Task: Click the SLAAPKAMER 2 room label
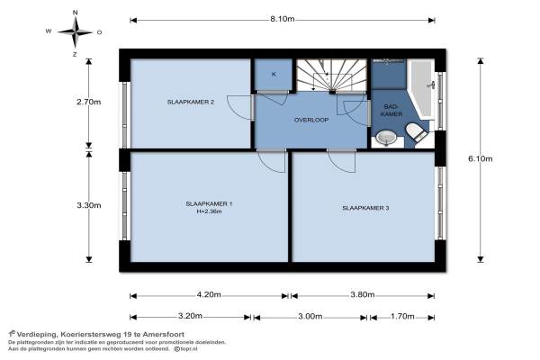[191, 102]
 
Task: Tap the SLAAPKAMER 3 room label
[365, 208]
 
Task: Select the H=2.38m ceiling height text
[209, 211]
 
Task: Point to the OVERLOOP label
[311, 120]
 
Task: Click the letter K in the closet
[274, 75]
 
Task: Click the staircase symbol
[331, 75]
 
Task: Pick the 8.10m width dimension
[282, 19]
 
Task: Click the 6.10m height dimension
[480, 158]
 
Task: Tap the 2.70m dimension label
[89, 102]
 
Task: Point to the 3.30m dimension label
[89, 205]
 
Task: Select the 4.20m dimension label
[209, 294]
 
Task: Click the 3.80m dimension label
[363, 294]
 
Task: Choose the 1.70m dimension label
[402, 316]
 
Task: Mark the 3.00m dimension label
[310, 316]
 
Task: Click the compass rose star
[75, 32]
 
